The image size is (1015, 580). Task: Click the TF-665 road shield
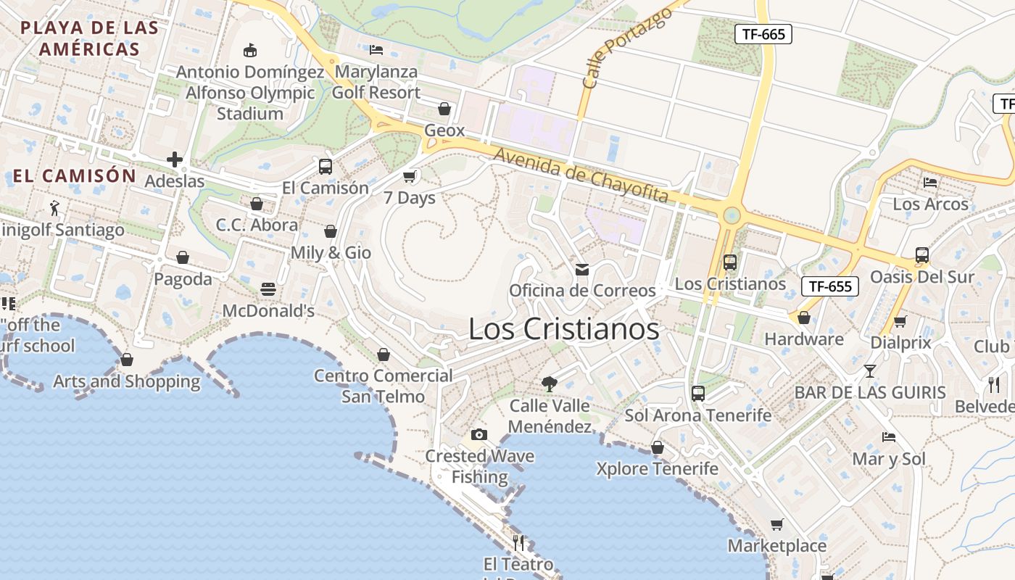(763, 34)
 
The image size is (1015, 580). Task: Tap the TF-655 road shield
(830, 286)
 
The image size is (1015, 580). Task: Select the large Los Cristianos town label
(563, 329)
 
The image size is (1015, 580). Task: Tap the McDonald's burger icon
(268, 289)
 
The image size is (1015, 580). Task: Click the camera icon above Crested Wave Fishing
(478, 434)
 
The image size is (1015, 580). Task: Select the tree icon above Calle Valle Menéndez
(550, 384)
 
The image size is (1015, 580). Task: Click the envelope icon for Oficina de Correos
(581, 270)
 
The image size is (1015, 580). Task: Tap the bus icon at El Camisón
(325, 166)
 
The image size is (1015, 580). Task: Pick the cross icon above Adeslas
(174, 159)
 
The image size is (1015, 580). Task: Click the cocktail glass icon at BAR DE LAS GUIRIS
(870, 371)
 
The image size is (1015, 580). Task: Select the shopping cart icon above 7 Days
(409, 176)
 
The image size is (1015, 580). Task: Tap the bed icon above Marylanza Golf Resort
(376, 50)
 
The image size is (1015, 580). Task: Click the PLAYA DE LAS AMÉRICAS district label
(89, 38)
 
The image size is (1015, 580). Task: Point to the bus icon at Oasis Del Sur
(921, 255)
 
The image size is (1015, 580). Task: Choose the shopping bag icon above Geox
(444, 109)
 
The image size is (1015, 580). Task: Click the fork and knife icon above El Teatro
(518, 542)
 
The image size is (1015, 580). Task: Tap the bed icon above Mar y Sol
(888, 437)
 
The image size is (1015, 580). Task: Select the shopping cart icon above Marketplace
(776, 524)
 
